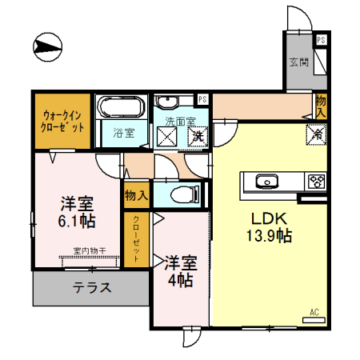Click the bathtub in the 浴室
121,108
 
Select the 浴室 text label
122,133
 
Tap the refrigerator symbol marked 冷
314,136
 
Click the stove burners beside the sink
317,180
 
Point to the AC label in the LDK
314,312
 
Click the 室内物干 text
90,251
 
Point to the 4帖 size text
180,280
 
